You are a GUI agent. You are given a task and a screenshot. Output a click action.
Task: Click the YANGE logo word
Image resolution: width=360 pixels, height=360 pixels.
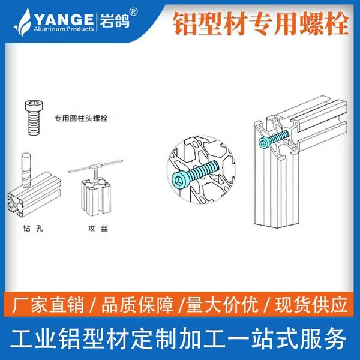(64, 19)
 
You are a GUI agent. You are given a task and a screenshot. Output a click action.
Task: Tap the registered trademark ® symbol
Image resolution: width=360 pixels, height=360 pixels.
(134, 12)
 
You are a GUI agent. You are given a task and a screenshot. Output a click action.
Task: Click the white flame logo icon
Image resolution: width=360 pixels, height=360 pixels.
(23, 22)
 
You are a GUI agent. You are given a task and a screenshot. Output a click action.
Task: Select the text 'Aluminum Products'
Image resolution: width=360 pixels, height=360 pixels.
(64, 29)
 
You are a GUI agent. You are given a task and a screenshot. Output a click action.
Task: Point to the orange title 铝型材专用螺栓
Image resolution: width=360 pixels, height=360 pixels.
(261, 24)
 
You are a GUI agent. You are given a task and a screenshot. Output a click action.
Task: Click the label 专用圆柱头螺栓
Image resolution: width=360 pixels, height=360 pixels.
(81, 118)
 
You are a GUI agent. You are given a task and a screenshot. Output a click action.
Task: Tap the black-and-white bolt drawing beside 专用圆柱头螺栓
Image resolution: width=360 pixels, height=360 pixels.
(34, 117)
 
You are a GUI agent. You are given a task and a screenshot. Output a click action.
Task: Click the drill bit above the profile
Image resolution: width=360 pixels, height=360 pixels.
(26, 169)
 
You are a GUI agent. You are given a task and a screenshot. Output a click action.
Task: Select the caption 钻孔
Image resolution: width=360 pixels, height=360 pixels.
(33, 228)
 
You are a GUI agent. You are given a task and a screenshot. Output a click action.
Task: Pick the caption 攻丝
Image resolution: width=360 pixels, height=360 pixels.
(98, 228)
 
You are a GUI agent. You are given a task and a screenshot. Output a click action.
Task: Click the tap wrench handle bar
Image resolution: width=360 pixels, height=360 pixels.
(96, 166)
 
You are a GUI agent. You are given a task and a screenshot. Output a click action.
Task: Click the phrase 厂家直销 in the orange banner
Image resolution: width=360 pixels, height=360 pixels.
(49, 305)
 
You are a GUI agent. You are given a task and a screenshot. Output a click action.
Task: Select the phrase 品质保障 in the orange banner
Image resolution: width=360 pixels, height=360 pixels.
(137, 305)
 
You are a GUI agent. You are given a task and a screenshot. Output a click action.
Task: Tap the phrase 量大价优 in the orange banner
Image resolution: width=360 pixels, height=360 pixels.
(222, 305)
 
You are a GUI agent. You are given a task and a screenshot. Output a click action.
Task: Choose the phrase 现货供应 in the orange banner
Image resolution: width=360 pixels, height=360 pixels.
(311, 305)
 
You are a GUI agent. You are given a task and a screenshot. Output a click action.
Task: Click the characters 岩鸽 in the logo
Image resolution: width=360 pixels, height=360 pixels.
(114, 20)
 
